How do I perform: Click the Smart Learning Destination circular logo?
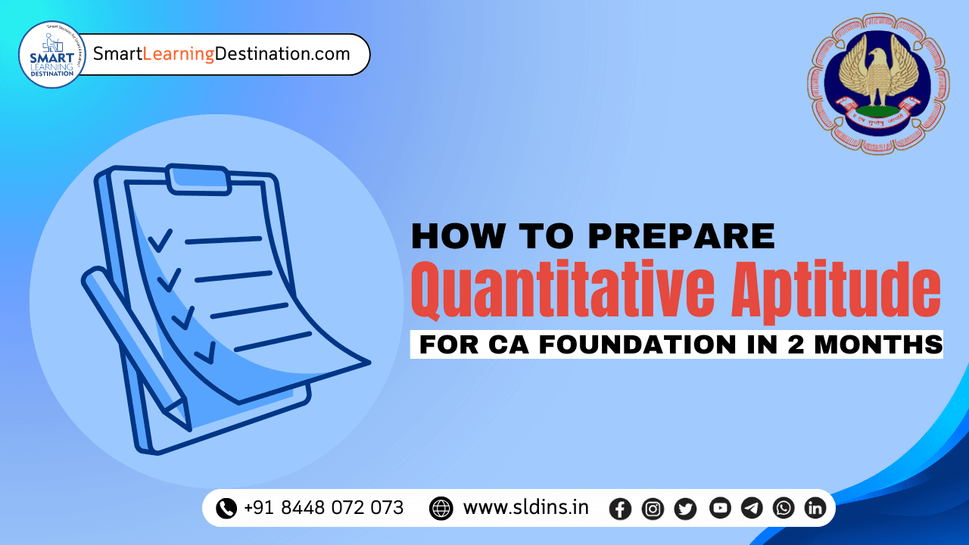click(52, 54)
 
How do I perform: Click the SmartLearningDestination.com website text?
click(221, 54)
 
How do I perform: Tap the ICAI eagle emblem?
click(878, 83)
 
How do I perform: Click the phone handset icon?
click(226, 508)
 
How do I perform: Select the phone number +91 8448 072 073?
click(323, 508)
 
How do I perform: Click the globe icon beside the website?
click(441, 508)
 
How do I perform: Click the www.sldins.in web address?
click(525, 508)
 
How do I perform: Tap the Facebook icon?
click(620, 509)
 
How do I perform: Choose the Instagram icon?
click(653, 509)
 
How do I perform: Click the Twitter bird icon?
click(685, 509)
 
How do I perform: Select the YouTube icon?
click(720, 508)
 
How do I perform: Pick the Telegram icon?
click(752, 508)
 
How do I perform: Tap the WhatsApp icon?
click(784, 508)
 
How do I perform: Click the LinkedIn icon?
click(815, 508)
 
